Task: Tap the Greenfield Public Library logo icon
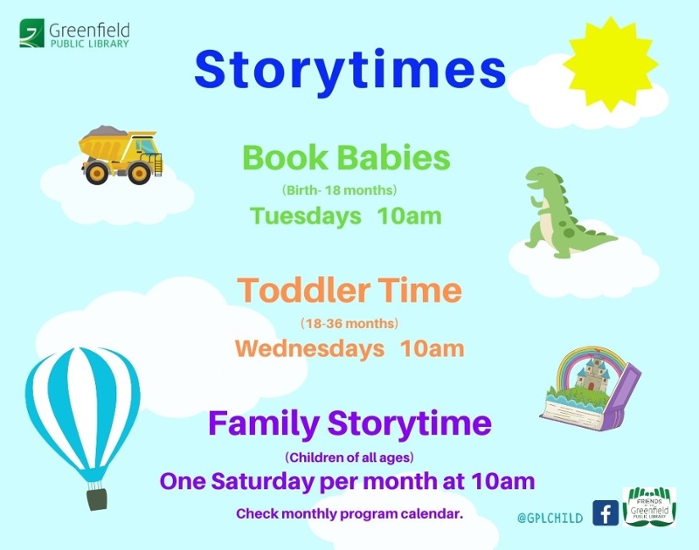click(31, 33)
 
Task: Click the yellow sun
click(611, 65)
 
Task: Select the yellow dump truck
click(121, 155)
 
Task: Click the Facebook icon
click(606, 513)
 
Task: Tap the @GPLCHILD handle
click(550, 518)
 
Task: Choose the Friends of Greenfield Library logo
click(649, 507)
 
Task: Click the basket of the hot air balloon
click(97, 498)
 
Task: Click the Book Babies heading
click(346, 158)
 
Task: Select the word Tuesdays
click(305, 217)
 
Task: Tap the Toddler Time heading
click(349, 290)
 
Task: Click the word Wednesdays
click(309, 348)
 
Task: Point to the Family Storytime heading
click(350, 423)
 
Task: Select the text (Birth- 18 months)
click(339, 190)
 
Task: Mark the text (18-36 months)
click(349, 323)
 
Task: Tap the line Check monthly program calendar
click(350, 514)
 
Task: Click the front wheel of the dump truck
click(139, 173)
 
